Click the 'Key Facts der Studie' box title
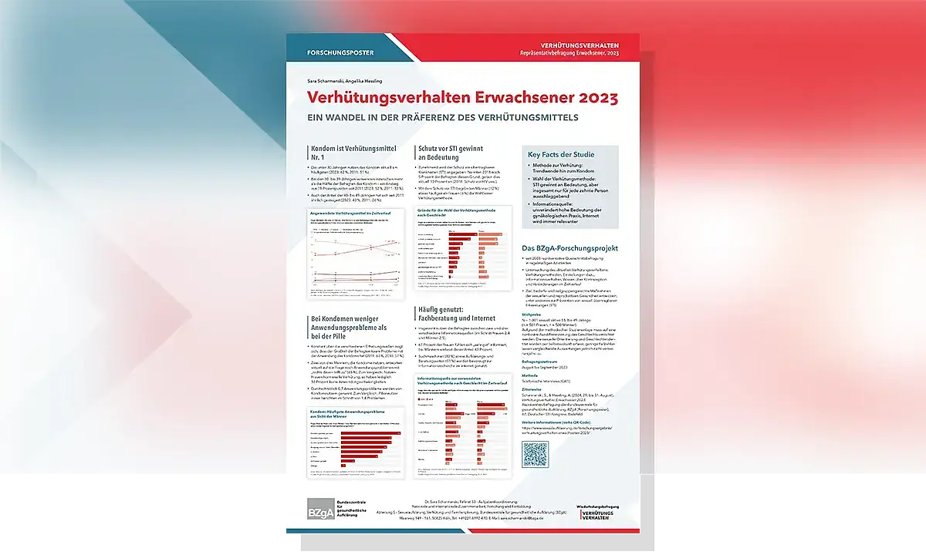coord(561,155)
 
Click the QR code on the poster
coord(535,455)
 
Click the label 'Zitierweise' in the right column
coord(534,390)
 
